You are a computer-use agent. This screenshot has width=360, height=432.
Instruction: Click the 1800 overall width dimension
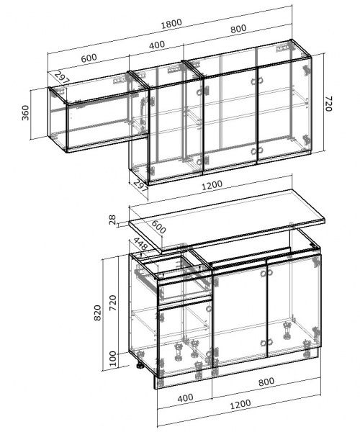pos(171,23)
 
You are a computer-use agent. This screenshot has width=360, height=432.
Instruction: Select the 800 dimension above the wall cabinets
pos(238,28)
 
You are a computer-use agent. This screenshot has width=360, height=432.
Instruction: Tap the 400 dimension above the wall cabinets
pos(157,45)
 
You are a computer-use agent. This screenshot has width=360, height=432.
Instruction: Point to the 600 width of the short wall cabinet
pos(89,58)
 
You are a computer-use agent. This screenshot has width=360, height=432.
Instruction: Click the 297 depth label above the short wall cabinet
pos(62,77)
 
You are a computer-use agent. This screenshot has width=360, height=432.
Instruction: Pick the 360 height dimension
pos(25,112)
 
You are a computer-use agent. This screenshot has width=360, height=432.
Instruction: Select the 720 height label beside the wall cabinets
pos(329,104)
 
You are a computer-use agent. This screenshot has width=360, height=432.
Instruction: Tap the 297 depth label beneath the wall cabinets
pos(141,186)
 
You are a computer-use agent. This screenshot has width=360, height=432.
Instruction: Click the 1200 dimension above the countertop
pos(212,185)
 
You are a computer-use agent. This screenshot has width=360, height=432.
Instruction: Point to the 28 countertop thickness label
pos(112,220)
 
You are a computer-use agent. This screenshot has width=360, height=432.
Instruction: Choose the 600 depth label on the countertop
pos(158,227)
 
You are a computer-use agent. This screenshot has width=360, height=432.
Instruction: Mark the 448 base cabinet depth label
pos(140,243)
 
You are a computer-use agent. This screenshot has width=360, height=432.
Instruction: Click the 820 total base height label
pos(97,312)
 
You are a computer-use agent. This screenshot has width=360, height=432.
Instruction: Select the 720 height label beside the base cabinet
pos(112,303)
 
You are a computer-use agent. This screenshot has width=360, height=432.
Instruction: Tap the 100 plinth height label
pos(113,359)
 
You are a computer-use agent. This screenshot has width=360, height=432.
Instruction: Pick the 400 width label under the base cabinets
pos(185,398)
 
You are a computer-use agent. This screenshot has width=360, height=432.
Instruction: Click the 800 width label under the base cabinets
pos(266,382)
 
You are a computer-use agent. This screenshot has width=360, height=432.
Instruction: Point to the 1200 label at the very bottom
pos(240,405)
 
